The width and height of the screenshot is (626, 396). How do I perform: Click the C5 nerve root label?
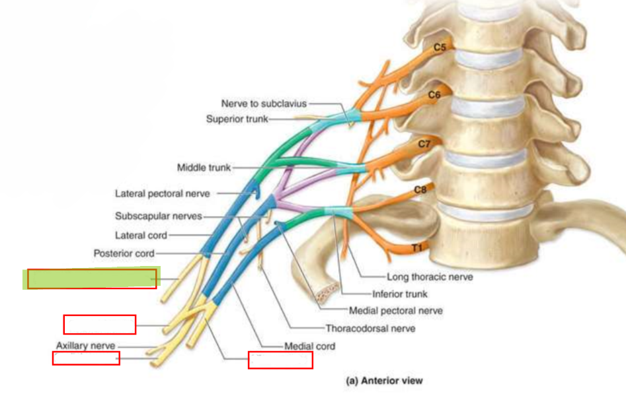[x=440, y=48]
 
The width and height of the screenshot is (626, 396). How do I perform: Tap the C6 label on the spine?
[x=434, y=95]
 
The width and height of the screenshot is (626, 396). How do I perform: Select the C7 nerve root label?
[x=424, y=144]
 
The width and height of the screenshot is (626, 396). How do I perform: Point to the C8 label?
[x=420, y=190]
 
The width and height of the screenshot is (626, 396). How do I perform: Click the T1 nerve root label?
[x=417, y=248]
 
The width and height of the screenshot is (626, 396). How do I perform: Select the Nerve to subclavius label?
[x=264, y=104]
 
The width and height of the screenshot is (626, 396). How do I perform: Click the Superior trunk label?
[x=237, y=119]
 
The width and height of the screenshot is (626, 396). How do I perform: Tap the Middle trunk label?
[x=204, y=168]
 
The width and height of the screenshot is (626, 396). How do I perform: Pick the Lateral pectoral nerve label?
[x=162, y=193]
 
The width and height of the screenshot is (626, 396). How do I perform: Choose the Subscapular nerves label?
[x=159, y=216]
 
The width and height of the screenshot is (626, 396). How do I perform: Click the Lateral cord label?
[x=141, y=235]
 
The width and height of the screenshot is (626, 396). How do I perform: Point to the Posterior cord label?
[x=124, y=253]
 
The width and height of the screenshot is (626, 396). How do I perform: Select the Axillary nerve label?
[x=85, y=346]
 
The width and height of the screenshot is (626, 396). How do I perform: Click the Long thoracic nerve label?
[x=430, y=277]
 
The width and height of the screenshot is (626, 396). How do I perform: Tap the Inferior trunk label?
[x=400, y=294]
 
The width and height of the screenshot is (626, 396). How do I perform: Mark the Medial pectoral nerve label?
[x=396, y=311]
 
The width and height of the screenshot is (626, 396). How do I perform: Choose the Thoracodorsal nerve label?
[x=370, y=328]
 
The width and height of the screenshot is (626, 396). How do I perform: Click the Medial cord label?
[x=309, y=346]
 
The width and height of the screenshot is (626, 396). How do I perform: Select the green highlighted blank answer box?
[x=91, y=278]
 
